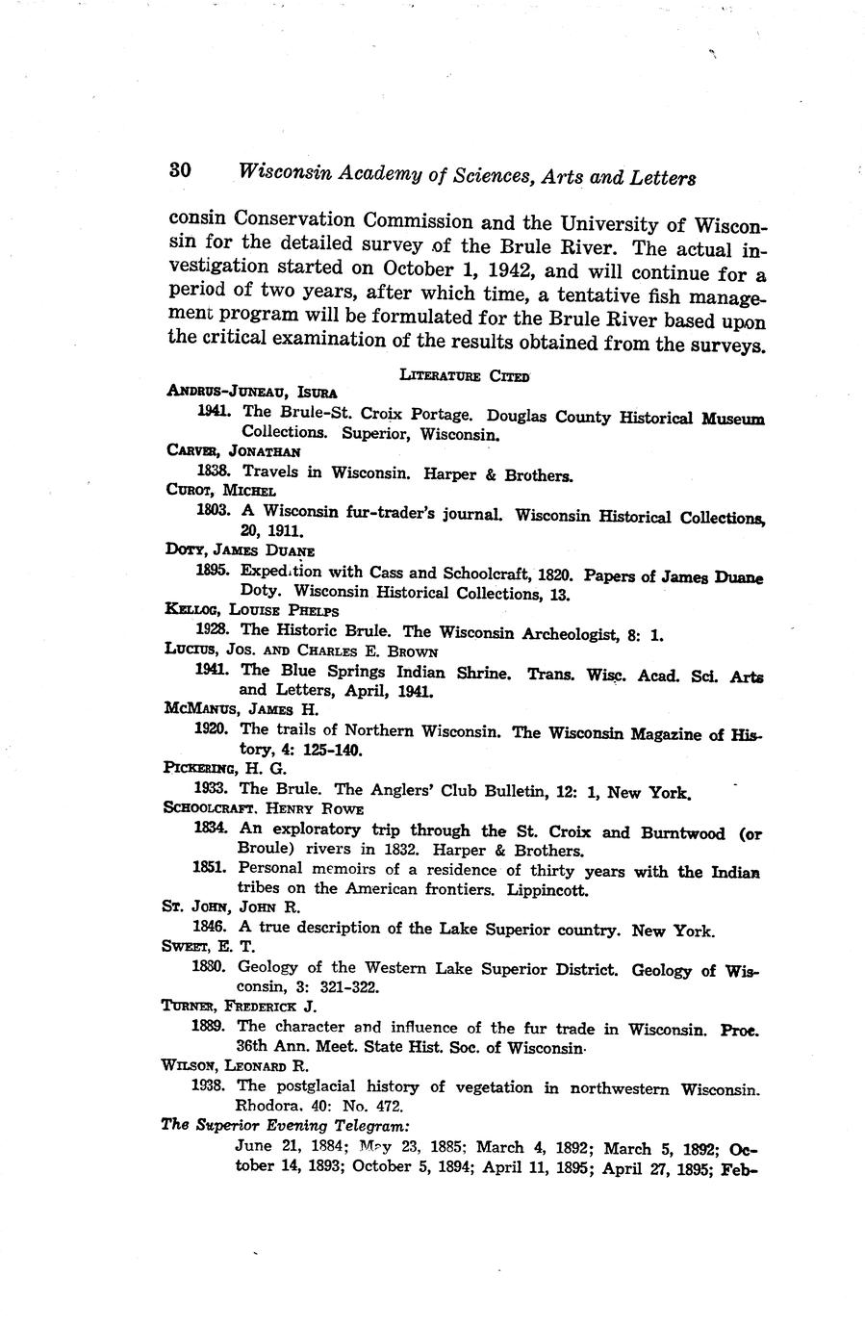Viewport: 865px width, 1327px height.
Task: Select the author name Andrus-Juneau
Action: click(x=227, y=392)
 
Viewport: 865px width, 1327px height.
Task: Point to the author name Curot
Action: click(x=187, y=491)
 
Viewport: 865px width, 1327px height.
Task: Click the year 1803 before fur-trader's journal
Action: click(x=213, y=511)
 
